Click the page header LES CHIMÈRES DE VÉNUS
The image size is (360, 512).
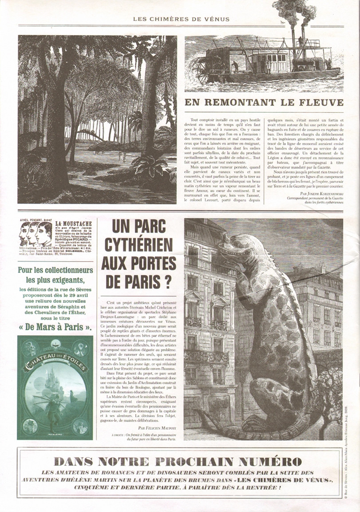pos(181,19)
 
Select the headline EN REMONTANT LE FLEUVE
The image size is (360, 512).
pos(264,103)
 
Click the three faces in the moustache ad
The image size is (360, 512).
pos(36,234)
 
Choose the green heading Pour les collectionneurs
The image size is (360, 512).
pos(55,270)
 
